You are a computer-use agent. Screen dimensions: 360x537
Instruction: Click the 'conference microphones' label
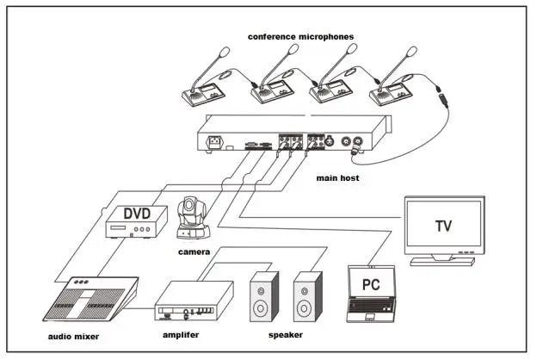(300, 36)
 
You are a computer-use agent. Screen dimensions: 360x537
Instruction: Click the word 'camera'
(194, 251)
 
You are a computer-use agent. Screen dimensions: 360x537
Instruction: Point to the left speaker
(264, 297)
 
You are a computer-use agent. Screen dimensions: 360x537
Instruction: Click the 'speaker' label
(284, 334)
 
